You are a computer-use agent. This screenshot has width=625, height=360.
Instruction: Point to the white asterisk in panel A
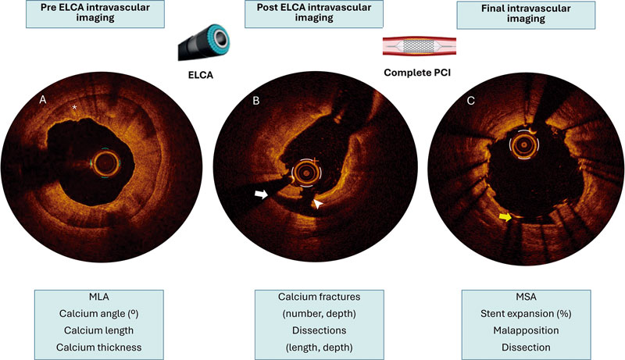[75, 107]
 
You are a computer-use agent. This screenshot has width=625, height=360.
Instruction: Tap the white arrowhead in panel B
[318, 204]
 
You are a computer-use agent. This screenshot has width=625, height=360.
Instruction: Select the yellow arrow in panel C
[505, 219]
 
